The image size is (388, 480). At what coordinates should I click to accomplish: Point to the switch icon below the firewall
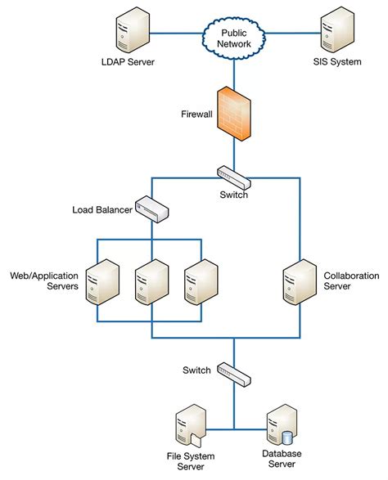[234, 174]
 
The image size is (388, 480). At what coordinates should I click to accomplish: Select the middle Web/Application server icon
[151, 283]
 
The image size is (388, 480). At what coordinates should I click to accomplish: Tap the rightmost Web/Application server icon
[200, 283]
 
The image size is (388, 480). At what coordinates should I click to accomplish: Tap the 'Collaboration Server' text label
[351, 281]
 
